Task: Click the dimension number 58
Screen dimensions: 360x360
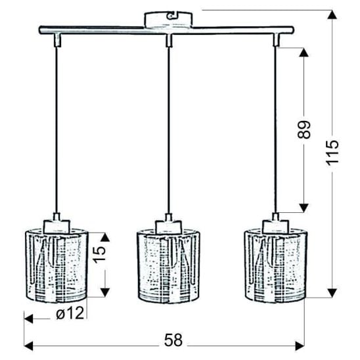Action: pos(173,340)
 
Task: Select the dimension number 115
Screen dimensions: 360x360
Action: pos(332,152)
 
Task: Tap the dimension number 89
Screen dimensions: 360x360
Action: pos(304,129)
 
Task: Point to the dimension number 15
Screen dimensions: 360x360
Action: pos(99,254)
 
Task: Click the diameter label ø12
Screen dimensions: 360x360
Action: pos(70,313)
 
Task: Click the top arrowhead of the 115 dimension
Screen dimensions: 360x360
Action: pos(332,14)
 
